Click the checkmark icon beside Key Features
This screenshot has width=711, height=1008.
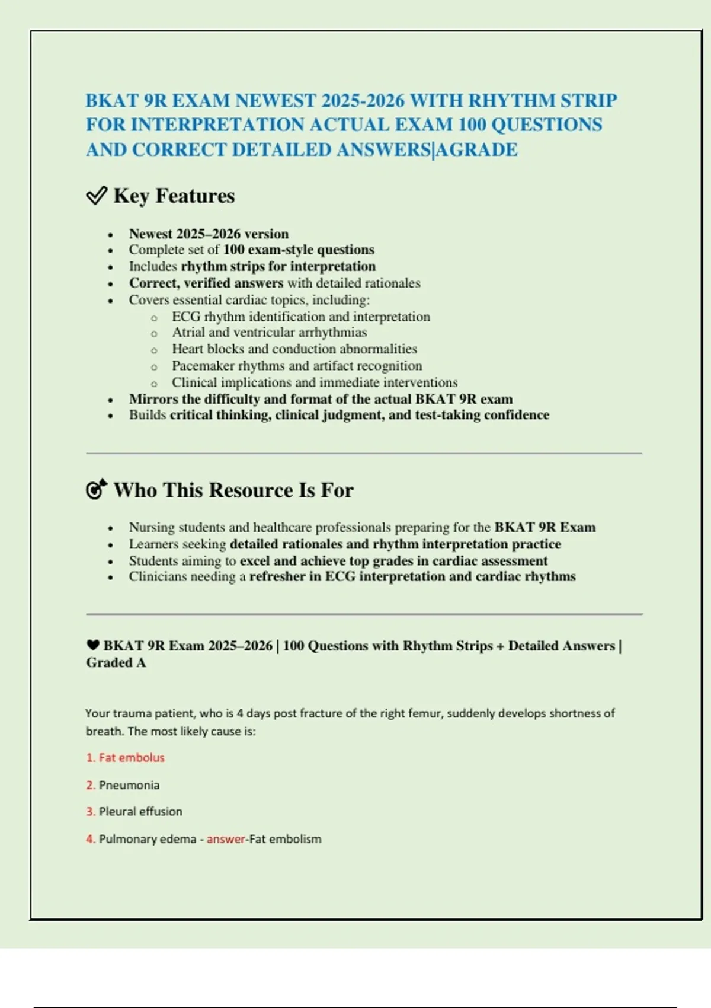coord(97,195)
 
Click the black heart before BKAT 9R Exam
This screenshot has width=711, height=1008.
coord(92,645)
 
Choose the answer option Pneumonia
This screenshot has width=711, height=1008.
coord(129,785)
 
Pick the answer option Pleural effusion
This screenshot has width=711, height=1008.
coord(140,811)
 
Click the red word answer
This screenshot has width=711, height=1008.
coord(226,839)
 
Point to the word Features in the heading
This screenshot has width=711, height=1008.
coord(195,196)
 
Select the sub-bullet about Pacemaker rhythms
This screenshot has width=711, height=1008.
coord(297,365)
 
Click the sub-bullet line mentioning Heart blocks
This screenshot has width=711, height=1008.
coord(294,349)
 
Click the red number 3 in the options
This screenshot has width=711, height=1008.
coord(90,811)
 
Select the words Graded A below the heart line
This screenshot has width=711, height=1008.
coord(116,662)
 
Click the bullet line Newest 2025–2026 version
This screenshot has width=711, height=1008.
coord(209,234)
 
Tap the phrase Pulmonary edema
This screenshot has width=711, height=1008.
coord(147,839)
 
